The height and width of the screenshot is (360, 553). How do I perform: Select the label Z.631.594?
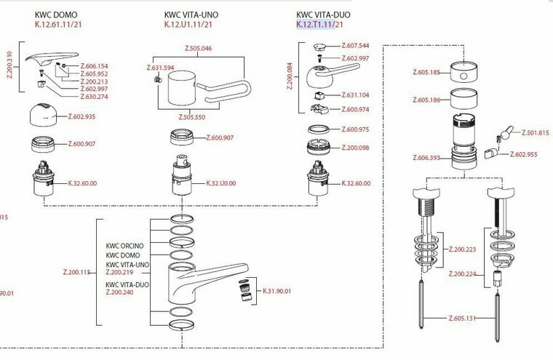(x=160, y=69)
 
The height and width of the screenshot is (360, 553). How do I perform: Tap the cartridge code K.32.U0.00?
(x=220, y=183)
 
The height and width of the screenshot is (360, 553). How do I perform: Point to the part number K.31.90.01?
(x=276, y=291)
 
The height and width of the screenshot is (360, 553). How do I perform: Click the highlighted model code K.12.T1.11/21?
(x=320, y=25)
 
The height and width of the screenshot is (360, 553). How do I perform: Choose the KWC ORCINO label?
(x=124, y=246)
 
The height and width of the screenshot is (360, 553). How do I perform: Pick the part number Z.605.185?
(x=427, y=72)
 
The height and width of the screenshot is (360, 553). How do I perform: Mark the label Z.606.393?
(x=427, y=157)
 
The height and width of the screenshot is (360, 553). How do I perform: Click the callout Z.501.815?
(x=536, y=132)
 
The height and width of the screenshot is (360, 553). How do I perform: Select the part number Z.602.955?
(x=524, y=154)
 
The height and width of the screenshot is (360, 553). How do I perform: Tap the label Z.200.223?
(x=464, y=249)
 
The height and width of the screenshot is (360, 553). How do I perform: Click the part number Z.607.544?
(x=354, y=45)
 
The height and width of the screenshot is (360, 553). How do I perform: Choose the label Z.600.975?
(x=356, y=129)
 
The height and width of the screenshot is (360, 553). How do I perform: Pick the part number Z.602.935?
(x=81, y=116)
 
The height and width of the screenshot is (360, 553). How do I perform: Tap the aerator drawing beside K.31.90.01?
(x=245, y=291)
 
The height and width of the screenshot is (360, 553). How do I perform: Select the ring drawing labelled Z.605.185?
(x=465, y=72)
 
